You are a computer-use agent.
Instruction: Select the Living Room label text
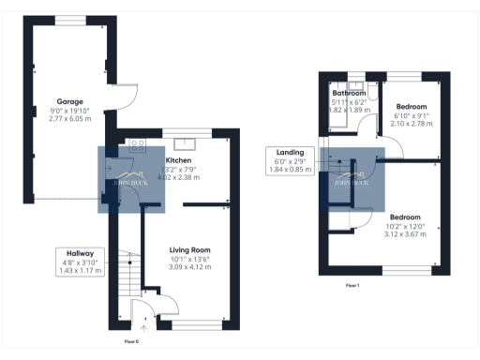188,251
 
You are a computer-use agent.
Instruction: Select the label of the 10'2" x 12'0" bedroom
406,217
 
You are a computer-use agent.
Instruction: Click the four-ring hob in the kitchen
137,143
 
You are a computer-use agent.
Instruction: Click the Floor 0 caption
131,342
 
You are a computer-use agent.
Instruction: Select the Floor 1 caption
352,284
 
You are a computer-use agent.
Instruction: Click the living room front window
197,325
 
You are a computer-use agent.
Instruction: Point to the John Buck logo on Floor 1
352,179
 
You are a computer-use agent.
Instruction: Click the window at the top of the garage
72,20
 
